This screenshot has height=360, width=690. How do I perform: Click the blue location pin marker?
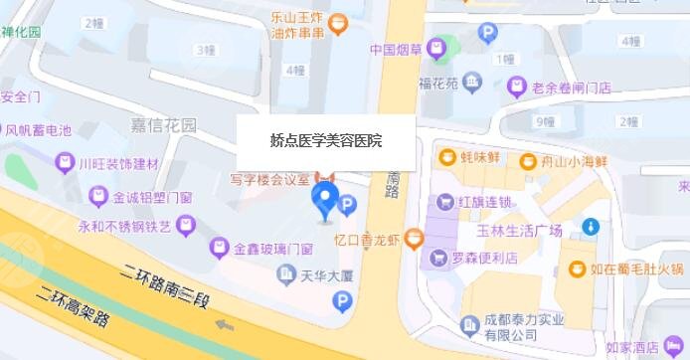click(x=324, y=202)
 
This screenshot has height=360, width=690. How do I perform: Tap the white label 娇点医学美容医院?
click(x=325, y=142)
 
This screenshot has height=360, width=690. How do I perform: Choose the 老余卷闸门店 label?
click(x=569, y=88)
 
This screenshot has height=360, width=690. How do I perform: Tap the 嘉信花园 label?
click(x=164, y=124)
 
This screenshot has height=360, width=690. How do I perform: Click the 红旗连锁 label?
click(x=484, y=202)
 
